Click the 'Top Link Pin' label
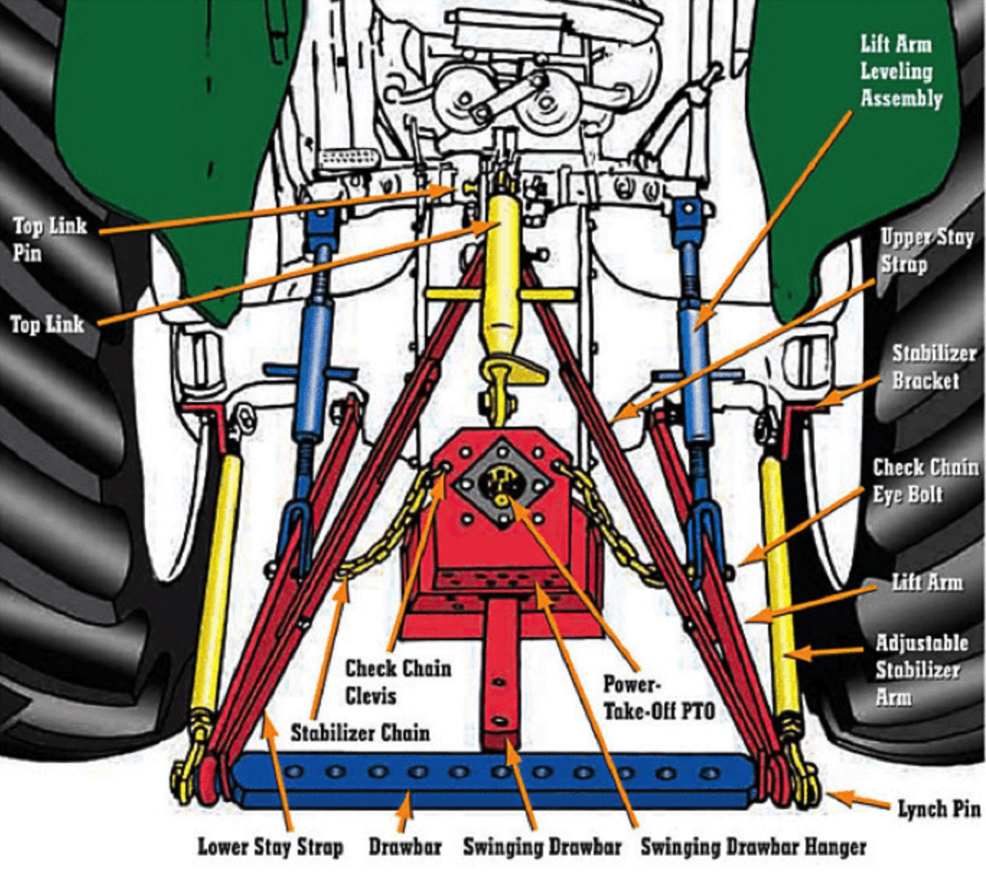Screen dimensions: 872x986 (49, 239)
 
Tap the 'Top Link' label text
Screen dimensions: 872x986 (47, 324)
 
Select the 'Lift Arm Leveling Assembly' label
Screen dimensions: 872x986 (901, 71)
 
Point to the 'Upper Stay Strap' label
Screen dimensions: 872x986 (926, 250)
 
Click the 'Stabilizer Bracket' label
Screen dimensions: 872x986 (933, 366)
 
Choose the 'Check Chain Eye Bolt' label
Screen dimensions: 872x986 (925, 480)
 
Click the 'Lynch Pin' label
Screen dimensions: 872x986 (938, 808)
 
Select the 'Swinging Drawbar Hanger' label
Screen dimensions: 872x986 (753, 846)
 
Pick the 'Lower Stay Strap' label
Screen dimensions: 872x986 (270, 846)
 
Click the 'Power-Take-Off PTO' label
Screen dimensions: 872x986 (658, 697)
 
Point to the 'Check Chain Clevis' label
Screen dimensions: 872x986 (397, 681)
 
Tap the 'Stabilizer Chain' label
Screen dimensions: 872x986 (360, 733)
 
